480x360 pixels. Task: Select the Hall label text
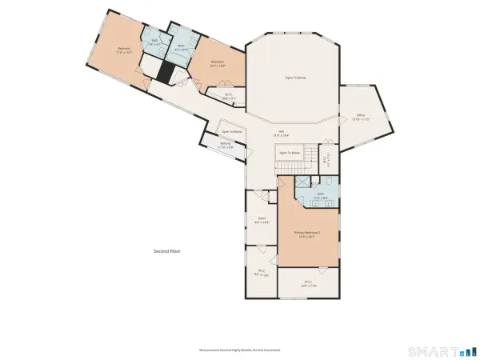click(282, 132)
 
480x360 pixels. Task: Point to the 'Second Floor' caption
click(167, 251)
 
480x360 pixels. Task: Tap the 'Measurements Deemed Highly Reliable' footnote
click(240, 350)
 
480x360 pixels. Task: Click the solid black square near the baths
click(165, 73)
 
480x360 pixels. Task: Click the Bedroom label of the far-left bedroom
click(124, 50)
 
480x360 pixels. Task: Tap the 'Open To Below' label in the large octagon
click(296, 78)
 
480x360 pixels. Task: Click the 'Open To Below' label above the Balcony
click(232, 132)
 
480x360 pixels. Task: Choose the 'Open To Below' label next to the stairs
click(290, 152)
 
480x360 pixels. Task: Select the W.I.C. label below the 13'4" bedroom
click(228, 95)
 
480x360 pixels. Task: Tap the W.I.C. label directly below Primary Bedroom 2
click(308, 282)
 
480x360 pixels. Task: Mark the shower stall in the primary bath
click(303, 182)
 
